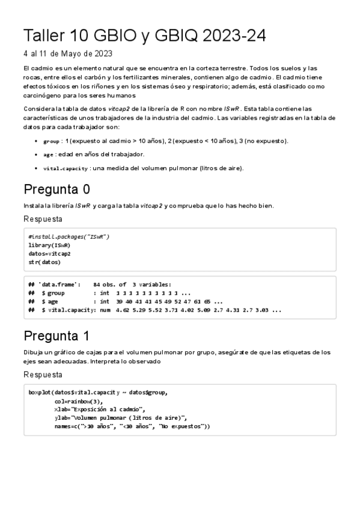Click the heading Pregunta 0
click(56, 189)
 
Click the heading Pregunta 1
click(56, 336)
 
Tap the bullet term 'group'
click(51, 141)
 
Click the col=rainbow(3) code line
click(78, 401)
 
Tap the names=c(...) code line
click(132, 426)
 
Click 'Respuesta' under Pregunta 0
click(43, 220)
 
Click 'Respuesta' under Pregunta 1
click(43, 375)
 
